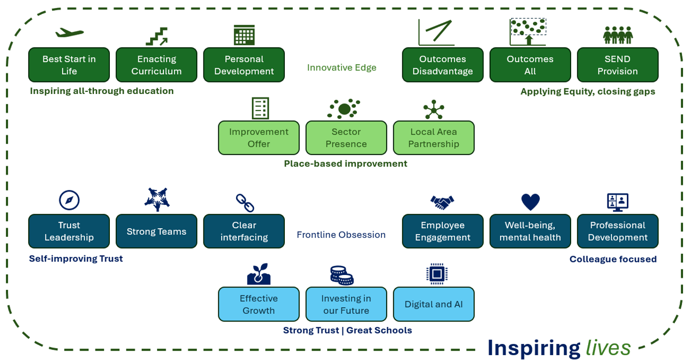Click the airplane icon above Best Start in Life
tap(69, 32)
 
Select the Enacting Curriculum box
tap(157, 65)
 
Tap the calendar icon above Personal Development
tap(244, 35)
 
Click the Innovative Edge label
tap(342, 68)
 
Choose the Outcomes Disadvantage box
tap(442, 65)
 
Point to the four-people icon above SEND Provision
tap(618, 35)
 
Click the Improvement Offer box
tap(259, 138)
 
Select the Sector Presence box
tap(346, 138)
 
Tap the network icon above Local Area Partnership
tap(433, 109)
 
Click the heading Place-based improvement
tap(345, 164)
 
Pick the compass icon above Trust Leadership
tap(69, 200)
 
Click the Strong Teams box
tap(157, 231)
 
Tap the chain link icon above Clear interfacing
tap(245, 203)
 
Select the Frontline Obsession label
tap(341, 235)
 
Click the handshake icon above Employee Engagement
tap(442, 202)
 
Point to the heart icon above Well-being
tap(530, 202)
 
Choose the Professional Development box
tap(617, 231)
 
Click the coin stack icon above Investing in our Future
tap(342, 275)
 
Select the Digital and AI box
tap(433, 304)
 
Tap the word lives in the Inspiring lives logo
tap(608, 348)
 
